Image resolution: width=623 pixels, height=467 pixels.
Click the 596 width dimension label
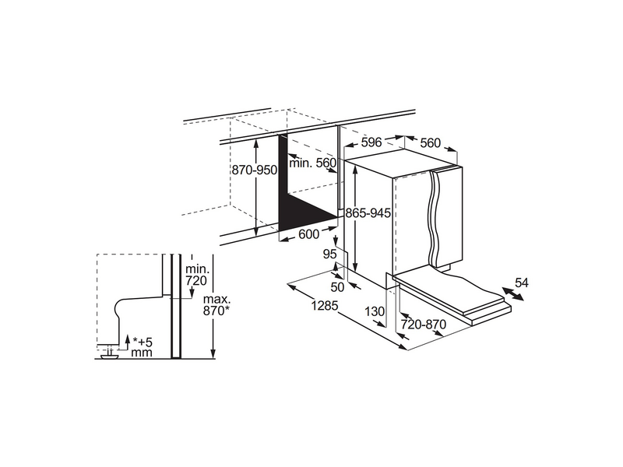click(371, 142)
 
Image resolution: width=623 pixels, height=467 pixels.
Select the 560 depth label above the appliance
click(431, 142)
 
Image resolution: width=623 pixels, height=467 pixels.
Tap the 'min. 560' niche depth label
click(313, 163)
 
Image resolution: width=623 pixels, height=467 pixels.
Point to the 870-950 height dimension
click(255, 170)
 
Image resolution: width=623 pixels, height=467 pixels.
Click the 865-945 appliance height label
click(368, 213)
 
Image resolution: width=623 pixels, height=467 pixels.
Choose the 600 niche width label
click(308, 234)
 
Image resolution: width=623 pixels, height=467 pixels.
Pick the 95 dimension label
click(329, 254)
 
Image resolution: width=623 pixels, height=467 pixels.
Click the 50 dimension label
click(337, 286)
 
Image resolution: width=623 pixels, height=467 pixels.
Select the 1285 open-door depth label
click(325, 305)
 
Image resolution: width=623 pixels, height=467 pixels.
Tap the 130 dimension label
click(375, 311)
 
